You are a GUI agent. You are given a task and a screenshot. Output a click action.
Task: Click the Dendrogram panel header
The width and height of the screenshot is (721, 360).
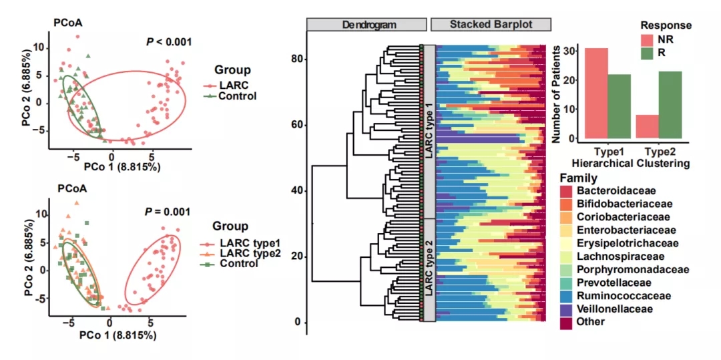tap(367, 24)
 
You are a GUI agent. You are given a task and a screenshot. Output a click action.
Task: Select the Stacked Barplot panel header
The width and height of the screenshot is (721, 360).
tap(491, 24)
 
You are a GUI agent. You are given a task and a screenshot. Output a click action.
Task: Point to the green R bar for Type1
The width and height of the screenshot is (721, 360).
tap(619, 107)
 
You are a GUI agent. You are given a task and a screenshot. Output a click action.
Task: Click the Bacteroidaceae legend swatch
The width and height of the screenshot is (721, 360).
tap(565, 192)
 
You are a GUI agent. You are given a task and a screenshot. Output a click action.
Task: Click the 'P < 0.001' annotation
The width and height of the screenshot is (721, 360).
tap(169, 42)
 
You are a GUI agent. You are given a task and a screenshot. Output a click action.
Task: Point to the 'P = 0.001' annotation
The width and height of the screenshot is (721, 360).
tap(168, 212)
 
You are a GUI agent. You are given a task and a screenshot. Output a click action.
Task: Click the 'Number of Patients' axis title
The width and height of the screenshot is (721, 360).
tap(555, 94)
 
